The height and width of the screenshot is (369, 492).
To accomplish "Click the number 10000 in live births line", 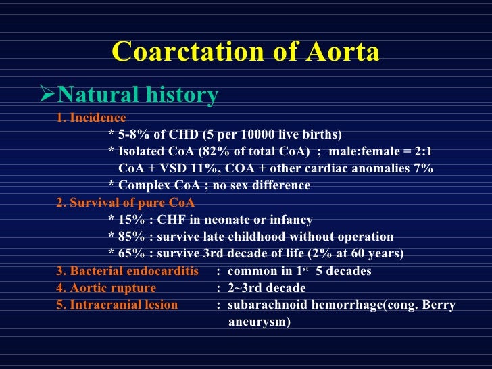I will click(265, 133).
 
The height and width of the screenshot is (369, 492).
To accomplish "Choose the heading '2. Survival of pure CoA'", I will click(128, 203).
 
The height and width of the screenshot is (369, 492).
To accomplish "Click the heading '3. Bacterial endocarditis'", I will click(127, 272).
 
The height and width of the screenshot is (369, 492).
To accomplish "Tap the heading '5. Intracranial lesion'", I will click(117, 305).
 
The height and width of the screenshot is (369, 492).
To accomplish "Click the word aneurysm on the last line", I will click(259, 322).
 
